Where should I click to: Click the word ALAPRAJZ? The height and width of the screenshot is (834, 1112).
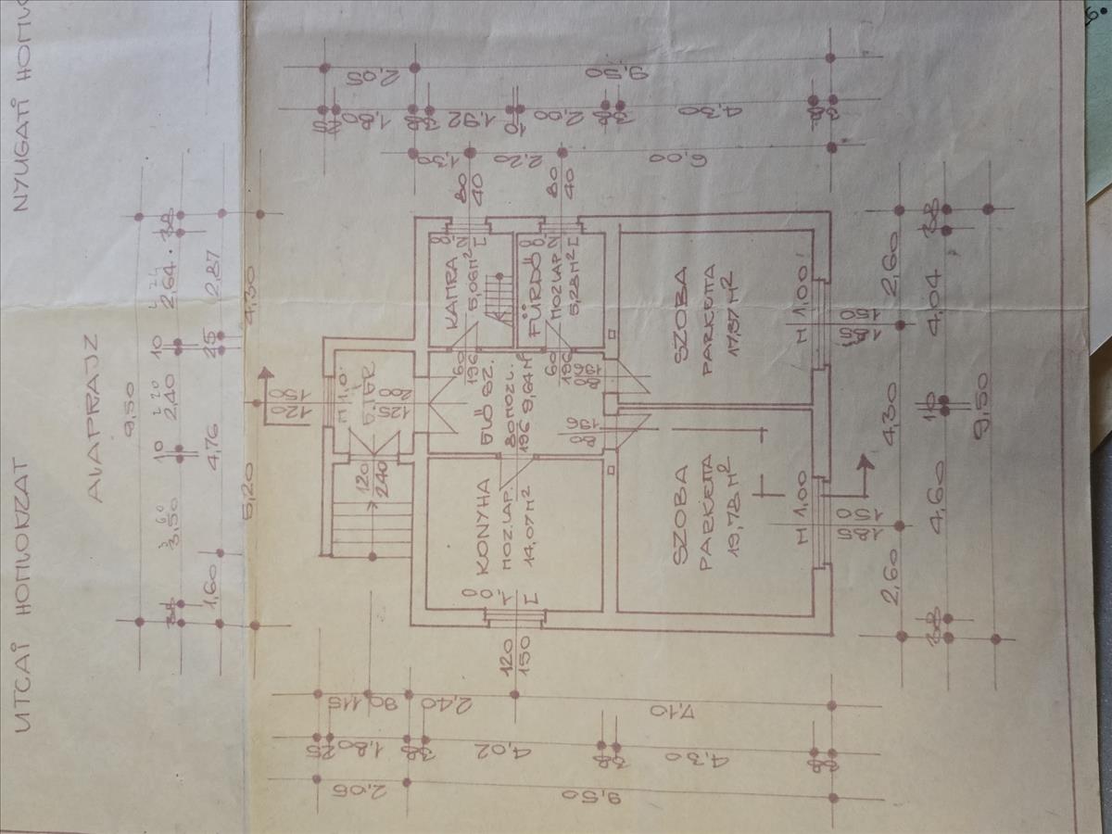point(97,444)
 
